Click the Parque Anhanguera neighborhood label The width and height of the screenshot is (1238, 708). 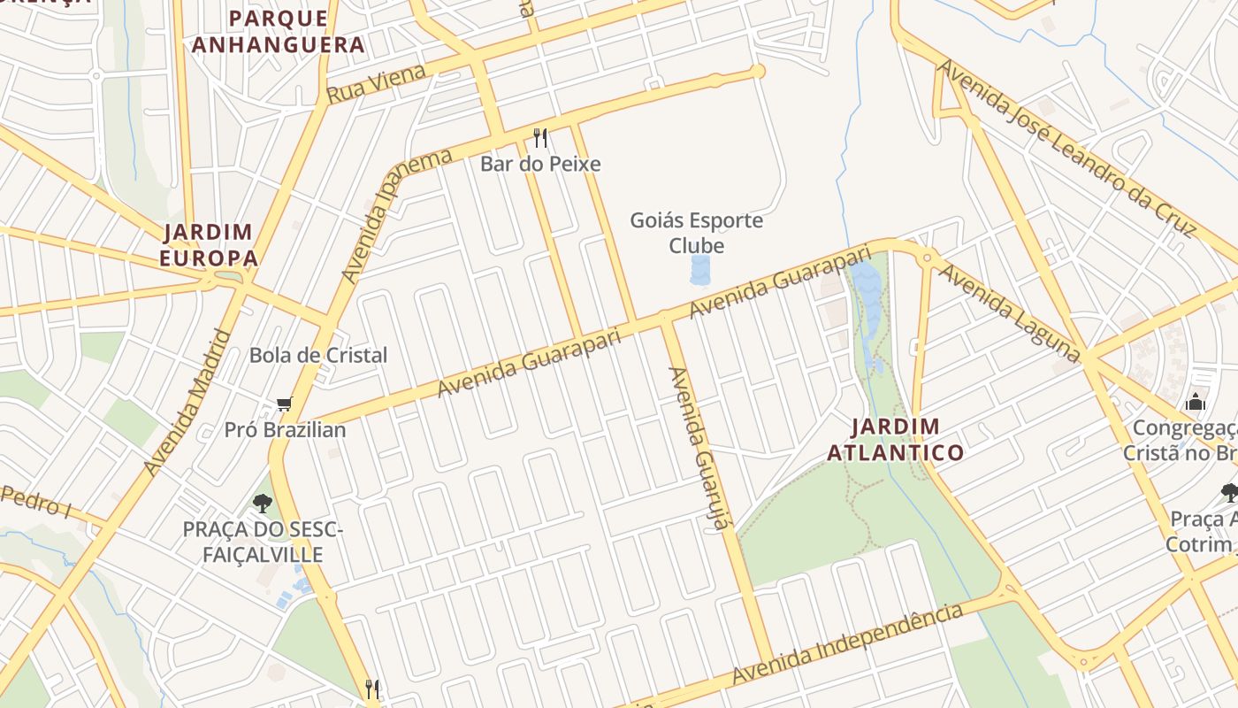(x=279, y=31)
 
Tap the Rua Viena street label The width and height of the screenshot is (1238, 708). (x=377, y=83)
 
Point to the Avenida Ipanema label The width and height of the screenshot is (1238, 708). (x=396, y=215)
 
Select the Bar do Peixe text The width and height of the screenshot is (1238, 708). (x=540, y=164)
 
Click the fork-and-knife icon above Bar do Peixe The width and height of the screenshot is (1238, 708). (x=540, y=138)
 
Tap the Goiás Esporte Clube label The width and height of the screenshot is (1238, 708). (x=696, y=233)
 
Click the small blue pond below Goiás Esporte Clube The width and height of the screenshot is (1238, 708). (x=700, y=270)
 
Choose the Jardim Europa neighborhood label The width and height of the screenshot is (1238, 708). (x=210, y=245)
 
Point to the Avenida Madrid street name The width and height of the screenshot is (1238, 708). (x=187, y=403)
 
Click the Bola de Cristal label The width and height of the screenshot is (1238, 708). (x=318, y=355)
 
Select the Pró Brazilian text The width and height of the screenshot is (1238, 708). (x=285, y=430)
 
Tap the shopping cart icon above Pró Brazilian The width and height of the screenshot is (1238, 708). (x=284, y=404)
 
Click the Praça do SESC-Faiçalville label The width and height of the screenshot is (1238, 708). (x=262, y=542)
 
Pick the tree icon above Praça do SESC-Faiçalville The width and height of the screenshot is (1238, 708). (x=262, y=504)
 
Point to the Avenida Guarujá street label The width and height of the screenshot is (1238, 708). (x=698, y=449)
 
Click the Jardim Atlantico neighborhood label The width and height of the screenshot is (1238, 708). (x=895, y=440)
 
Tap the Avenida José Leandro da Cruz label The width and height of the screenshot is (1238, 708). (x=1066, y=148)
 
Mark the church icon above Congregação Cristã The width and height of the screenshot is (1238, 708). (x=1196, y=402)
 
